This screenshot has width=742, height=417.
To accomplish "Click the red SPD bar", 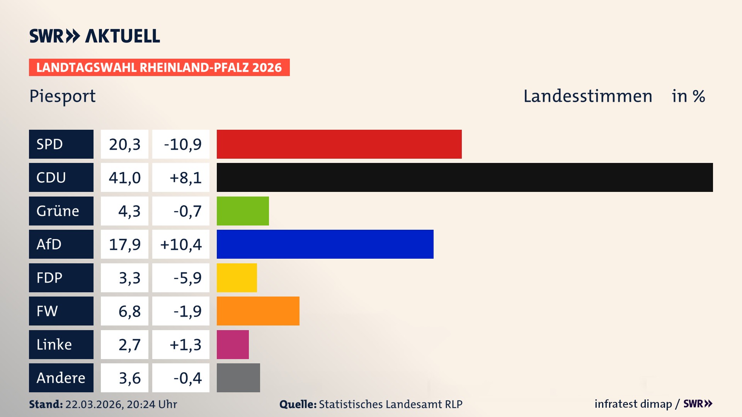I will click(339, 144).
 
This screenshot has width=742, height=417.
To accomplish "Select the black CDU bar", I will click(465, 178).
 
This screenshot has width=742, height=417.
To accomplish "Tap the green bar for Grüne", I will click(243, 211).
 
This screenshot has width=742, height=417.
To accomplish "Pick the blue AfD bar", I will click(325, 244).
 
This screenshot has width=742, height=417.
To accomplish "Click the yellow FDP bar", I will click(237, 278).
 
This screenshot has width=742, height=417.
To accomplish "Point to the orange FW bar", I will click(258, 311).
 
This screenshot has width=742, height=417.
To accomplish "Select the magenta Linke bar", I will click(233, 344).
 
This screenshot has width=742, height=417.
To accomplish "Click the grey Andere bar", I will click(238, 378).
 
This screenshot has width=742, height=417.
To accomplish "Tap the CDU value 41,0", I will click(124, 178).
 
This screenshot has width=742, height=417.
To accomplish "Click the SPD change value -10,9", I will click(182, 144).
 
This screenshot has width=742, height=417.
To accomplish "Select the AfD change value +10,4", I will click(181, 244).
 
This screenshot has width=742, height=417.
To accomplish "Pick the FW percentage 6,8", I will click(129, 311).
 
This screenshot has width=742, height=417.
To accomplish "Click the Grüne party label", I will click(58, 211).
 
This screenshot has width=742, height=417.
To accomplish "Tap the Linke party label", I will click(54, 344).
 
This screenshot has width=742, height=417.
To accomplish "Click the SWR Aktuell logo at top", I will click(94, 36).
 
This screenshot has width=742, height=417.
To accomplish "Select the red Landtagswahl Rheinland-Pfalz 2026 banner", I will click(159, 68).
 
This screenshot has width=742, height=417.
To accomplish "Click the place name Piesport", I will click(63, 96).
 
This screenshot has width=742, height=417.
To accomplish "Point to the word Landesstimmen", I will click(587, 96).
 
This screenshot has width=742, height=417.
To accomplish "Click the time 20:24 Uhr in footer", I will click(151, 404).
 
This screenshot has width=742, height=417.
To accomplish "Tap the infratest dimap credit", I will click(633, 404).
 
